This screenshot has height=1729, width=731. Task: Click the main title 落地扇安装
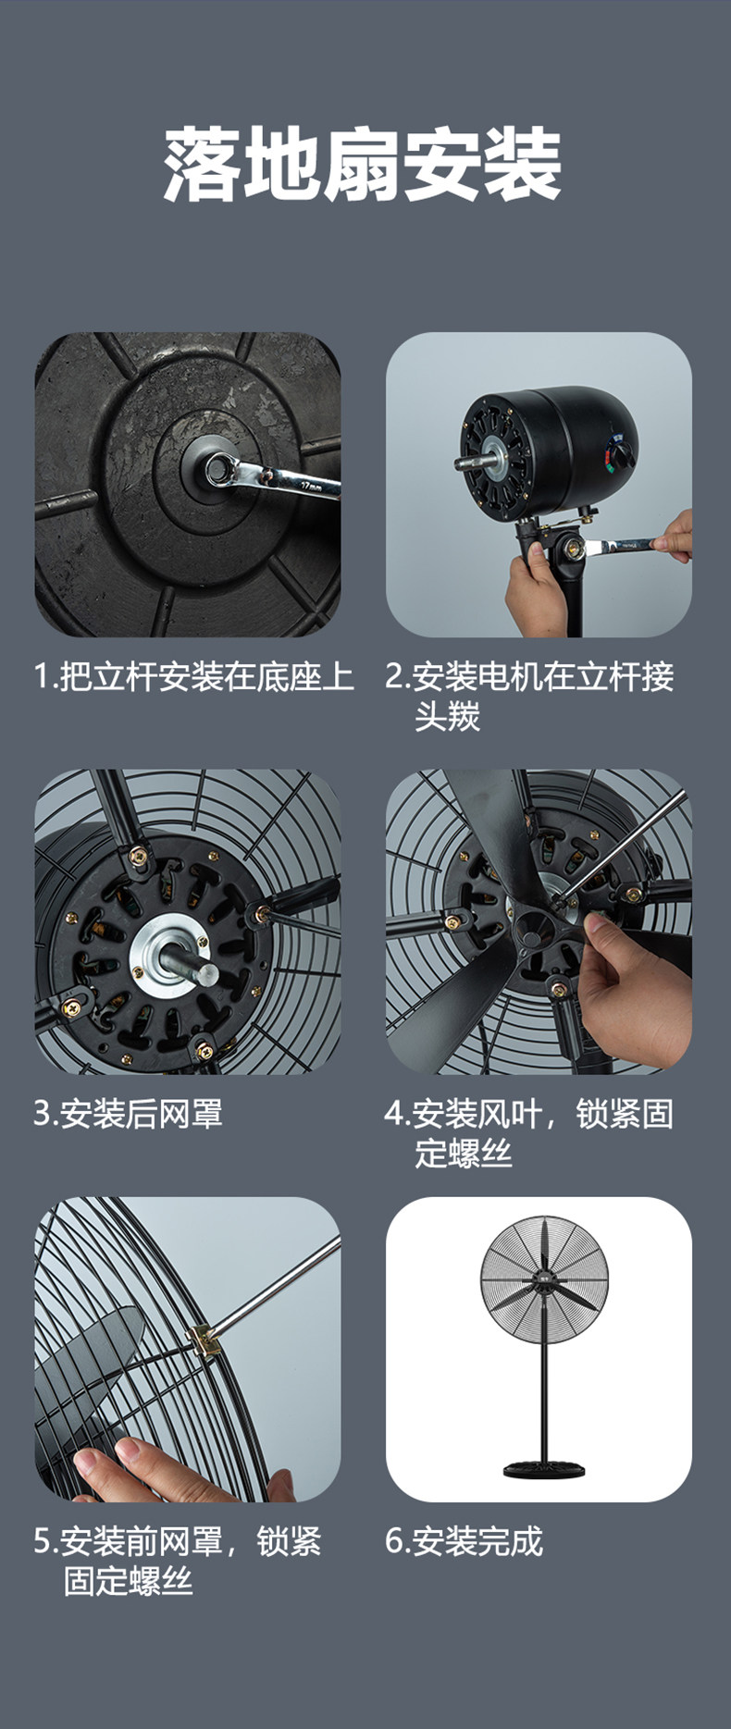(x=363, y=166)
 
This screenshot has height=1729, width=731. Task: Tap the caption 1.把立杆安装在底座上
(x=194, y=677)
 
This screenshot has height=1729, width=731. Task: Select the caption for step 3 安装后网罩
(x=129, y=1113)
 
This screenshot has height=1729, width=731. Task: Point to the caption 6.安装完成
(x=464, y=1541)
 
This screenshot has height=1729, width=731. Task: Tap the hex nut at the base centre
(x=220, y=469)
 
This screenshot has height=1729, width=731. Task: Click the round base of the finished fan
(x=539, y=1468)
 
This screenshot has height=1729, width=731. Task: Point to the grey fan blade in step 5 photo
(x=88, y=1360)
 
